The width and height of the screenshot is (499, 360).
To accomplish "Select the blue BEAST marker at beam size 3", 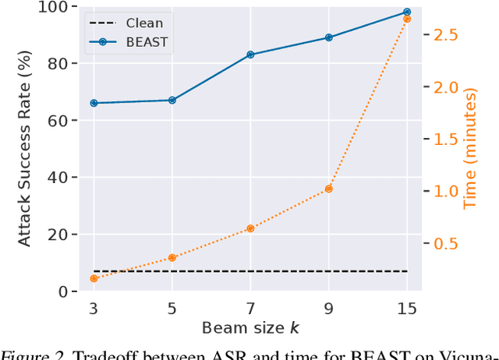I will point(94,103).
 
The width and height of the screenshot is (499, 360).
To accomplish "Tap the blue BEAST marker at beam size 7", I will point(250,55).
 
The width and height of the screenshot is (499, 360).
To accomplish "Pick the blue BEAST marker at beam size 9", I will point(328,37).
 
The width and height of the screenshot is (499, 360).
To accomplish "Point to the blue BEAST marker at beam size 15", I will point(407,12).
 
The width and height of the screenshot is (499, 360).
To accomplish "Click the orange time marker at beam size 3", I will point(94,278).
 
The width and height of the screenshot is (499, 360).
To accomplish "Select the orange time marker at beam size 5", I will point(172,258).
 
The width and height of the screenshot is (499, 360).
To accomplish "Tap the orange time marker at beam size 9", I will point(328,189).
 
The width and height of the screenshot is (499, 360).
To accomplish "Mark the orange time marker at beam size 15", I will point(407,19).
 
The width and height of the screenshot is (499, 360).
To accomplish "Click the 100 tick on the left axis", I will point(61,7).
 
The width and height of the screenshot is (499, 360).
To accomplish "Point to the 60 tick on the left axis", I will point(65,121).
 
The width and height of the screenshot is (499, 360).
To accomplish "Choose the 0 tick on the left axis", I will point(70,291).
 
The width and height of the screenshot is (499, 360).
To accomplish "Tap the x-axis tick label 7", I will point(250,308).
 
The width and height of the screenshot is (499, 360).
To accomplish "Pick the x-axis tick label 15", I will point(407,308).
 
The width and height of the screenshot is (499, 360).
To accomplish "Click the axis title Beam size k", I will point(249,327).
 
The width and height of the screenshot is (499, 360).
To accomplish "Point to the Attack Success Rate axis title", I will point(26,148).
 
